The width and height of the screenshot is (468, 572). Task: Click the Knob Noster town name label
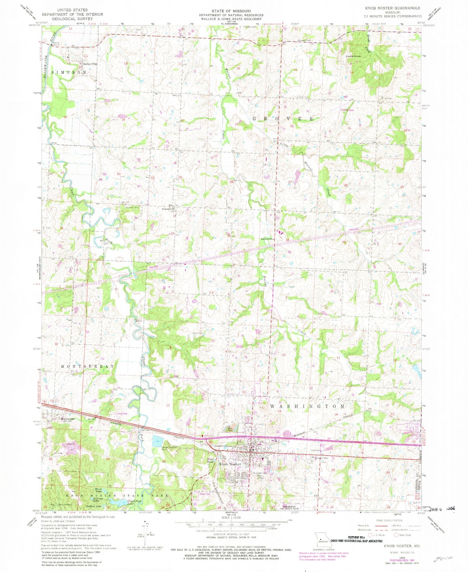point(230,464)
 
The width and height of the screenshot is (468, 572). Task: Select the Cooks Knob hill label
point(353,56)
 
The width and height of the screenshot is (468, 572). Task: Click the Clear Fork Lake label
point(135,502)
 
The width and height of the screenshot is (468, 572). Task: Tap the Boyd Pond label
point(210,461)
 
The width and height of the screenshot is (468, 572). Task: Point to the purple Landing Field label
point(347,110)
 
